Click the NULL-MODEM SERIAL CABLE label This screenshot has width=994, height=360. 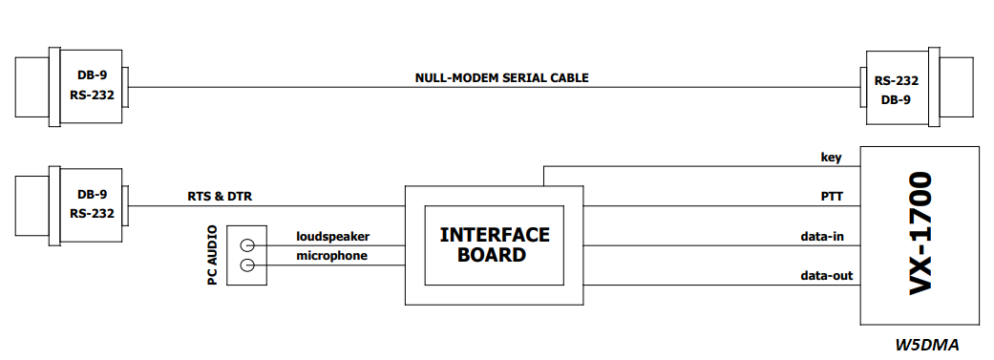point(501,78)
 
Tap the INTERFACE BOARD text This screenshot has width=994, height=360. point(495,244)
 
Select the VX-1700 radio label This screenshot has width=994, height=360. point(920,233)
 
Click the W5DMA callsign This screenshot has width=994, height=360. point(927,345)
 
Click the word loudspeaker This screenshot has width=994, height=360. point(333,237)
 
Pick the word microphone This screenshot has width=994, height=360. point(331,255)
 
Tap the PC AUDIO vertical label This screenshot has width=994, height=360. point(212,255)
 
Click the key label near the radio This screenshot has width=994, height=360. point(831,158)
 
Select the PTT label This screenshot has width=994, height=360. point(831,197)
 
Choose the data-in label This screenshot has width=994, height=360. point(821,237)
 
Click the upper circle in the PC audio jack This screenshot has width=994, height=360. point(248,246)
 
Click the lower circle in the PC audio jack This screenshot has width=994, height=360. point(248,265)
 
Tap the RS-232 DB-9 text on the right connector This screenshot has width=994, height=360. point(897,90)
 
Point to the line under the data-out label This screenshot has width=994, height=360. point(722,286)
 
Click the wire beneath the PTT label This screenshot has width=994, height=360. point(722,206)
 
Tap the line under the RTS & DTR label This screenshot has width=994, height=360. point(267,206)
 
